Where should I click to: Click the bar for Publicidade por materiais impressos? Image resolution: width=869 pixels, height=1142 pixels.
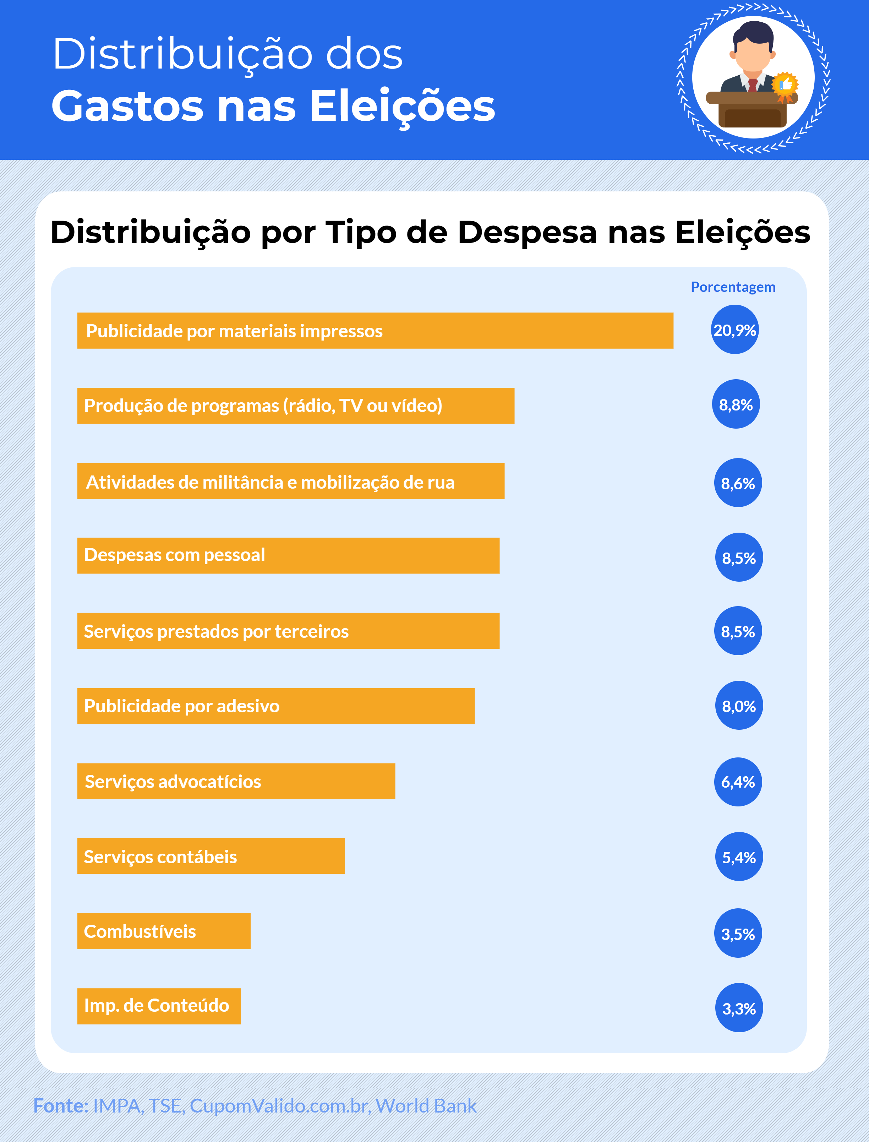(x=375, y=331)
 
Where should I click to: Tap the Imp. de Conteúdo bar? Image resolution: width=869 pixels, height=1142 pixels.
(x=159, y=1006)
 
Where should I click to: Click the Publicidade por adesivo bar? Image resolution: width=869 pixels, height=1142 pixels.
(x=276, y=706)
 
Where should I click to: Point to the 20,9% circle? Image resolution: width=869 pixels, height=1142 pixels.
(x=734, y=330)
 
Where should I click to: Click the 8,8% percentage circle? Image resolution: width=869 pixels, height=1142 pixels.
(x=736, y=404)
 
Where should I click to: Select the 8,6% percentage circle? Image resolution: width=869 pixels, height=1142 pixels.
(x=738, y=483)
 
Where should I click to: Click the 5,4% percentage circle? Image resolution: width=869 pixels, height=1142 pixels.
(x=739, y=856)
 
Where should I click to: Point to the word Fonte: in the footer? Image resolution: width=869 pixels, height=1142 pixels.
(x=60, y=1105)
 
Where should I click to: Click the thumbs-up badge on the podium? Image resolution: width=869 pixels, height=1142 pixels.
(x=785, y=84)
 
